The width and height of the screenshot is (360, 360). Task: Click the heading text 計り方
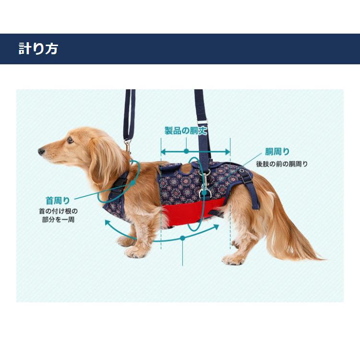38,49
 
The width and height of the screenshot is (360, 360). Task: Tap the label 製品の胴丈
186,131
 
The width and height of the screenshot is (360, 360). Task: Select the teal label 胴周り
277,152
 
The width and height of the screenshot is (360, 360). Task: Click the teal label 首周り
58,201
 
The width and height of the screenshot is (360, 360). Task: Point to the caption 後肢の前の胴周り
282,164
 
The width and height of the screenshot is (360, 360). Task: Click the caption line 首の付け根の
58,211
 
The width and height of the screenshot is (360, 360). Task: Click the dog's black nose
41,152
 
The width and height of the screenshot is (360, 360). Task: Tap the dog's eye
70,140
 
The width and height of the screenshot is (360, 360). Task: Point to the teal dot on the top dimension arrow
186,151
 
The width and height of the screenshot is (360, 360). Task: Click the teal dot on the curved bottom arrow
182,238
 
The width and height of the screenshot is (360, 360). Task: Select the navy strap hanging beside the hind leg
253,192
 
